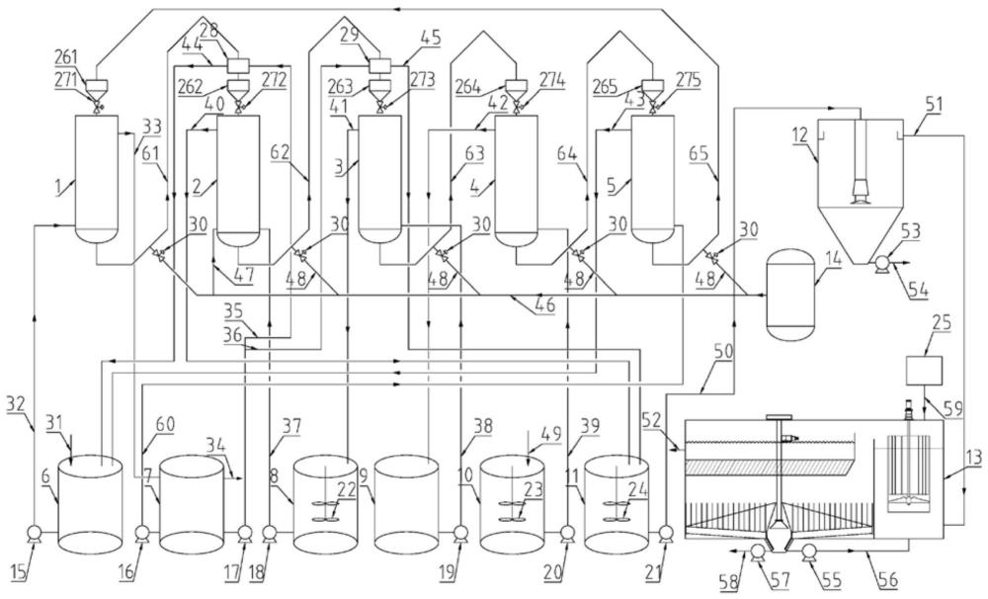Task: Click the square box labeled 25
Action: click(924, 370)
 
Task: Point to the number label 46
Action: click(545, 306)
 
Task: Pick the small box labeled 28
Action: click(237, 64)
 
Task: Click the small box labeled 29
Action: click(380, 64)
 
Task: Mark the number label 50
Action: click(723, 351)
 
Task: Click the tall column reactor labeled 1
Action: click(96, 179)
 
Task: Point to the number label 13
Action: click(974, 459)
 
